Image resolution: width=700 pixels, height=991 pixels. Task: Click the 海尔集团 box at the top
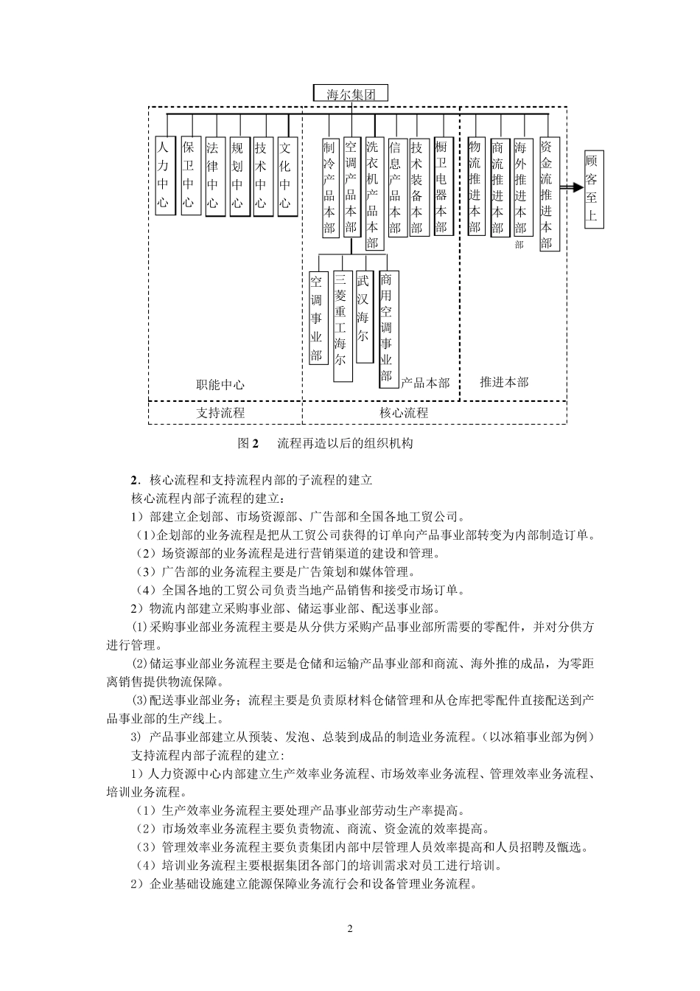click(x=351, y=94)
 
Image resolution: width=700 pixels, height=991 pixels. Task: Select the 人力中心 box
click(x=163, y=175)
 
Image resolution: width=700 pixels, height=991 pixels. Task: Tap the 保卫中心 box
click(x=189, y=175)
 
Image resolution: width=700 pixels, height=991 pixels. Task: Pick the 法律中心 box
click(x=213, y=175)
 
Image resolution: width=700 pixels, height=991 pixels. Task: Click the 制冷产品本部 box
click(x=329, y=187)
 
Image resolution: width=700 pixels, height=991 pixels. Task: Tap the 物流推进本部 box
click(x=475, y=187)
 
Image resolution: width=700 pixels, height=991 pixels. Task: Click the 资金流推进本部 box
click(x=546, y=193)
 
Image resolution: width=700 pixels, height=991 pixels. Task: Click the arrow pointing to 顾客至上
click(x=570, y=188)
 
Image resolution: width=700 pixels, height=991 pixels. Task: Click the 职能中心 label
click(x=220, y=384)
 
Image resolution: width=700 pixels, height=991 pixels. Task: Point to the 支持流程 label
click(x=220, y=413)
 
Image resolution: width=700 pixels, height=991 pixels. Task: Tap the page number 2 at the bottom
click(x=350, y=928)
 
